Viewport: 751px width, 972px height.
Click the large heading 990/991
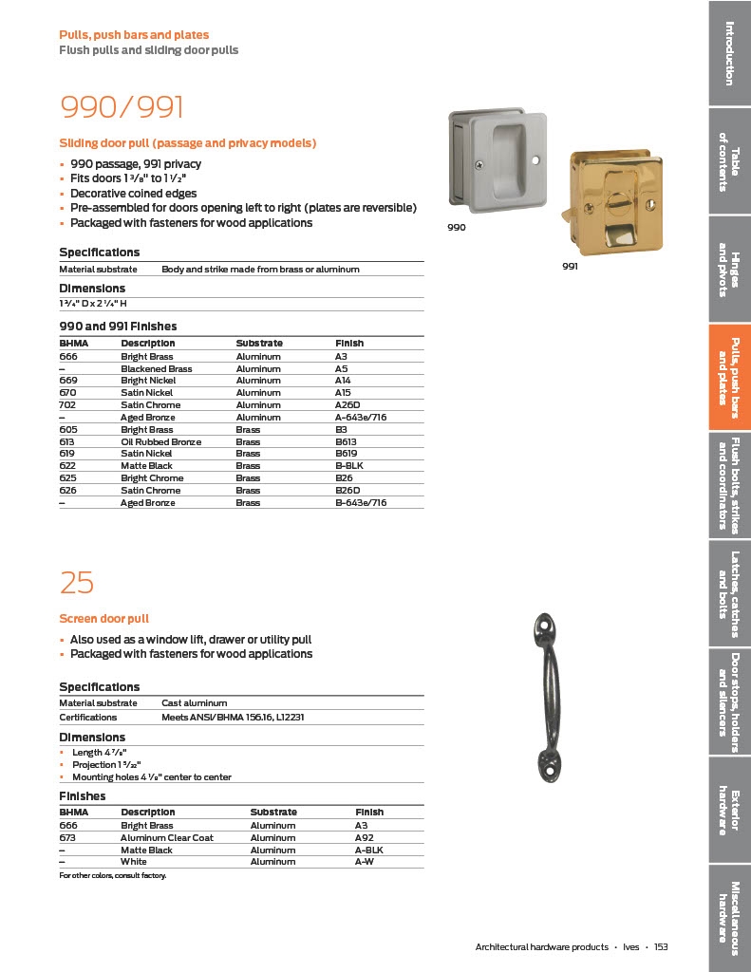122,106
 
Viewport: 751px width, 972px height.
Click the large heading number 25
76,582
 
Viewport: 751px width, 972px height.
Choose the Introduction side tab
729,52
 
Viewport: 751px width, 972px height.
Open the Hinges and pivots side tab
729,270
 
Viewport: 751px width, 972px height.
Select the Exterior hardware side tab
729,812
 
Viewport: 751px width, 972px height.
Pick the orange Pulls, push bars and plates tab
729,377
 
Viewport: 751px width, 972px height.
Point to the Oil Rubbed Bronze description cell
160,441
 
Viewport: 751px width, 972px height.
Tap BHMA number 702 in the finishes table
66,404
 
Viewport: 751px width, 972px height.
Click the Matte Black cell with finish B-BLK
146,466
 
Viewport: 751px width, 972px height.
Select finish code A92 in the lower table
365,838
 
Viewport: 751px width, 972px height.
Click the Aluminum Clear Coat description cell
167,838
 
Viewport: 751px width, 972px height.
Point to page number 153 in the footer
661,946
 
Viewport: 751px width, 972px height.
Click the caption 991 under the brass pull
571,267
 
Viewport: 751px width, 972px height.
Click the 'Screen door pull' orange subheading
103,618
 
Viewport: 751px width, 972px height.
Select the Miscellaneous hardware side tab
729,912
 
